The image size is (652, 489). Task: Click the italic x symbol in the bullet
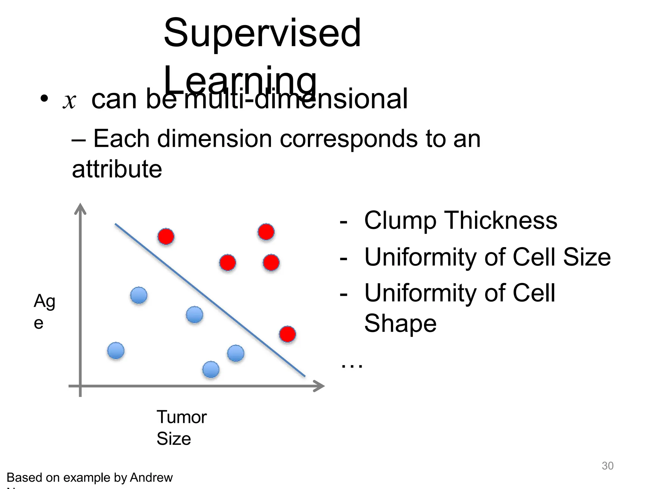(x=69, y=101)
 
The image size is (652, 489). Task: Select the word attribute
(x=117, y=169)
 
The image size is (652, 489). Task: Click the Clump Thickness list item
(x=460, y=220)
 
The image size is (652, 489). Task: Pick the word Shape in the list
(x=400, y=323)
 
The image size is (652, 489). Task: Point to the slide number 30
(x=607, y=466)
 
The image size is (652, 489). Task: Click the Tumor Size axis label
(x=181, y=428)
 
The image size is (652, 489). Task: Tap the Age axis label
(x=44, y=311)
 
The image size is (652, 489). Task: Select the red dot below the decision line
(x=287, y=334)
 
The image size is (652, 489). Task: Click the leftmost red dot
(x=166, y=237)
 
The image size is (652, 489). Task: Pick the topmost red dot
(x=266, y=232)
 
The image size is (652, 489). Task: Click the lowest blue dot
(x=211, y=370)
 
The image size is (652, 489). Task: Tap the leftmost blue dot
(x=116, y=351)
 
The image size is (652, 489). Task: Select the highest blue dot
(x=139, y=295)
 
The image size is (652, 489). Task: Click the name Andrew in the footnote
(x=151, y=478)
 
